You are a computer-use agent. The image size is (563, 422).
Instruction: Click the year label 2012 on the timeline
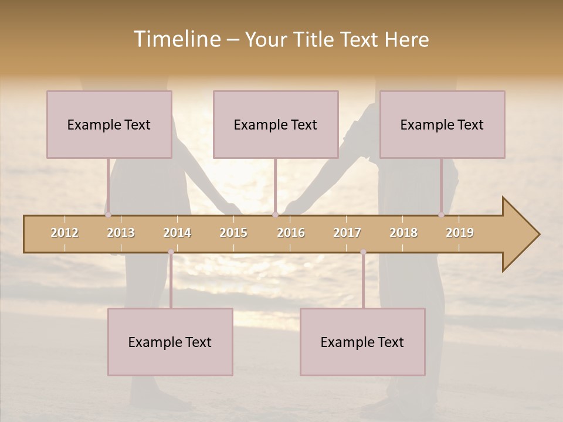(x=65, y=233)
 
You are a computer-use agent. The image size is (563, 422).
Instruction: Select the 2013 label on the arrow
(x=121, y=233)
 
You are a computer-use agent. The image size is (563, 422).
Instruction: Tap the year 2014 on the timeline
(x=177, y=233)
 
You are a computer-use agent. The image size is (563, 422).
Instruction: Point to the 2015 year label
(x=233, y=233)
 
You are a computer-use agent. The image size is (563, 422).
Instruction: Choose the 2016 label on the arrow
(x=291, y=233)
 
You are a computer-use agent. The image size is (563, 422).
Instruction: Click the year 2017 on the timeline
(x=347, y=233)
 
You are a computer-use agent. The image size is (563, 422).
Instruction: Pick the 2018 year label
(x=403, y=233)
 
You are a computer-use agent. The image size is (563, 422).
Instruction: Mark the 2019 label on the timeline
(x=460, y=233)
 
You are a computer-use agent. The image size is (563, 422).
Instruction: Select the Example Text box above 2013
(x=109, y=124)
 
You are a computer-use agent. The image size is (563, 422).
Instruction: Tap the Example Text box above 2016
(x=276, y=124)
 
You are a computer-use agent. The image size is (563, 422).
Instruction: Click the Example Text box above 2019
(x=442, y=124)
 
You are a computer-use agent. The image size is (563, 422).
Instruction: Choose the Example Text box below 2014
(x=170, y=342)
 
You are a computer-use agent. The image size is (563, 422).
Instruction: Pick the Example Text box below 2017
(x=362, y=342)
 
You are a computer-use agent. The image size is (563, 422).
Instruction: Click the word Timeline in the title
(x=177, y=39)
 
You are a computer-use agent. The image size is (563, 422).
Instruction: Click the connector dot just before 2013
(x=108, y=215)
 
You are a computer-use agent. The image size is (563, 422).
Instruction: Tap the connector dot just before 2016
(x=275, y=215)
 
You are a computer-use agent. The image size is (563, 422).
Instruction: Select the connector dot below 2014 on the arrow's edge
(x=171, y=252)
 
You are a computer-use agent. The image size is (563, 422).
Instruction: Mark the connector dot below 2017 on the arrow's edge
(x=363, y=252)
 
